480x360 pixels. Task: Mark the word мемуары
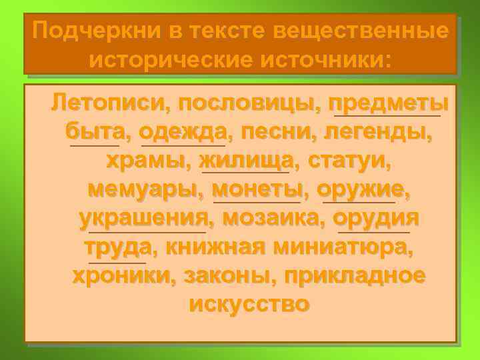click(x=142, y=190)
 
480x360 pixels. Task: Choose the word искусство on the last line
click(x=249, y=305)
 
